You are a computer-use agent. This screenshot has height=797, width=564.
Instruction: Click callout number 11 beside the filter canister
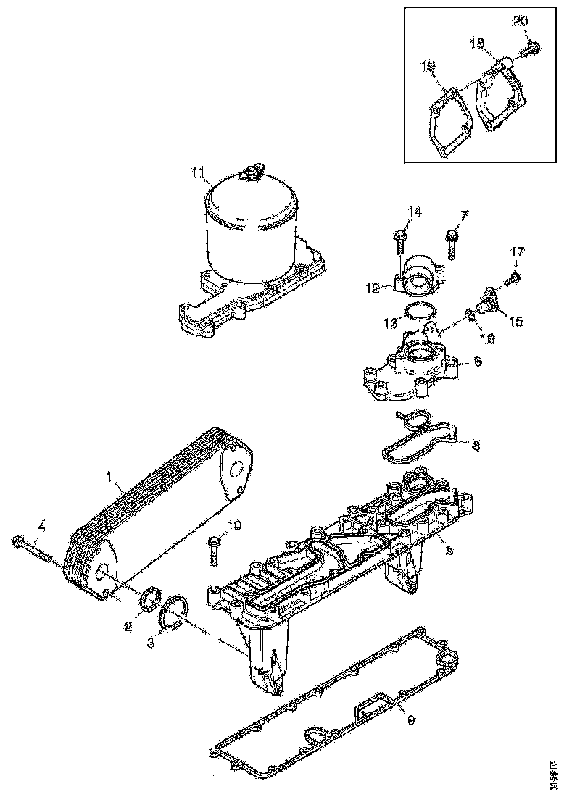click(198, 172)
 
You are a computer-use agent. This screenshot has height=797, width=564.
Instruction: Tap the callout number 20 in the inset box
click(521, 21)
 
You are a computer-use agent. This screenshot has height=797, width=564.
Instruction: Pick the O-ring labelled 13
click(420, 312)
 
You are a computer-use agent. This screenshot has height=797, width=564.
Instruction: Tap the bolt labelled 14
click(400, 239)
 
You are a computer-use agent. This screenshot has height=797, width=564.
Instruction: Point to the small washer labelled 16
click(471, 316)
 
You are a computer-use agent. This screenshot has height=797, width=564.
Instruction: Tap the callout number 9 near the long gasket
click(410, 720)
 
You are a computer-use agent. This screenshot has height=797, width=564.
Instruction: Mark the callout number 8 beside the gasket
click(474, 446)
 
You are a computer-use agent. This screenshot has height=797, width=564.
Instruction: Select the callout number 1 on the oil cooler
click(109, 477)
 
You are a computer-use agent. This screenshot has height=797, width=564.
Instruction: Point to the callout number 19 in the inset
click(428, 67)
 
